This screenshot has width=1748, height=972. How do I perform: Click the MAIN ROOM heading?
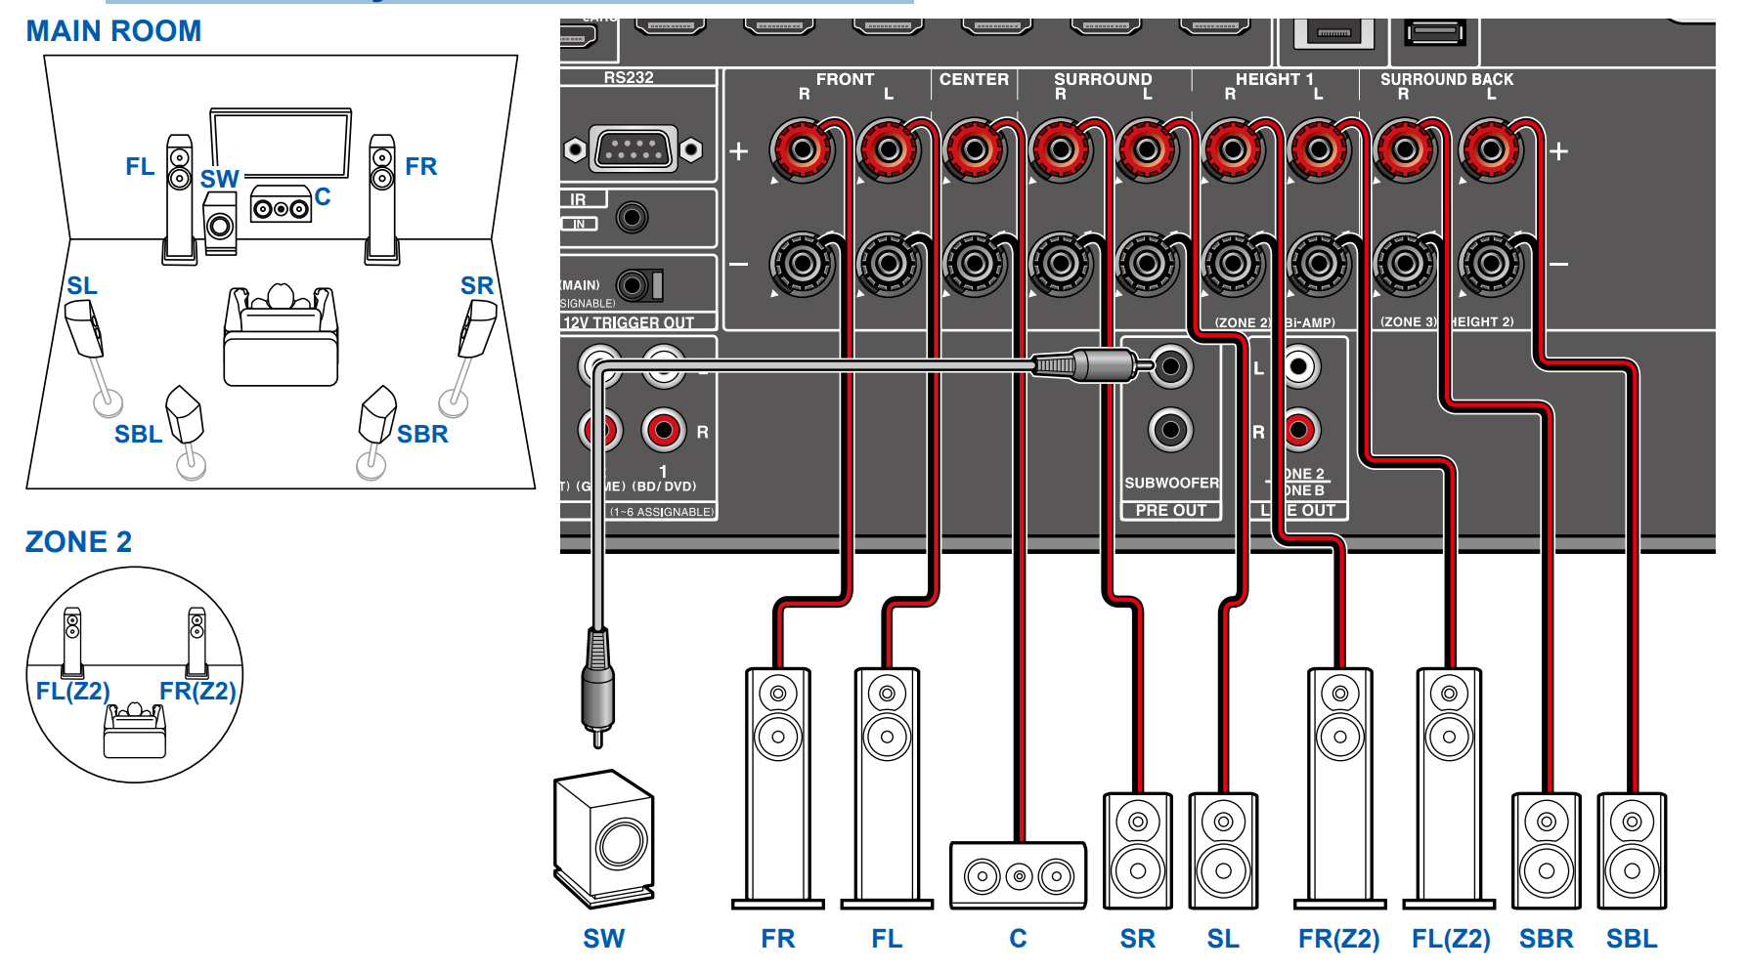tap(113, 31)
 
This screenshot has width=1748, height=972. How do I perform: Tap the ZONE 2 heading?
tap(78, 542)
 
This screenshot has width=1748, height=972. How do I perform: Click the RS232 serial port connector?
tap(634, 149)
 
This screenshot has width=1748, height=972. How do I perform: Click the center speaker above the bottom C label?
tap(1018, 875)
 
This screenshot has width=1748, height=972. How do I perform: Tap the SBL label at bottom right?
tap(1631, 939)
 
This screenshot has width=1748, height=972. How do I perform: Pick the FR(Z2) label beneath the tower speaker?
tap(1338, 939)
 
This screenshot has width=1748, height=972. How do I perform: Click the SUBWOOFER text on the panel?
tap(1171, 483)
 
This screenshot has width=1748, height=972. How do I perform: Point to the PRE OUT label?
tap(1171, 510)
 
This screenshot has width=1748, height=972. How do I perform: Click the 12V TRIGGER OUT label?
tap(629, 322)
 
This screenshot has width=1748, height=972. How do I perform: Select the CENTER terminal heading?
tap(974, 79)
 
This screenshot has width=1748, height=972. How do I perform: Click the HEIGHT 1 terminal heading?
tap(1274, 79)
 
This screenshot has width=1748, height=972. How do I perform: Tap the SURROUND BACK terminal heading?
tap(1446, 79)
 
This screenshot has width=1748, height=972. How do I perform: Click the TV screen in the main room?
tap(281, 144)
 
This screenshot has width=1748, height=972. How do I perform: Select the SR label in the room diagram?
tap(477, 285)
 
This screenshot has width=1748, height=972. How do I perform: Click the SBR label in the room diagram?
tap(422, 434)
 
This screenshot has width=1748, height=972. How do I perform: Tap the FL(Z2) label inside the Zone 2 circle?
tap(72, 691)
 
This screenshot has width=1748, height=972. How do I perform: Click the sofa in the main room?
tap(281, 342)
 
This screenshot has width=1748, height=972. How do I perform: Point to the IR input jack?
tap(633, 217)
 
